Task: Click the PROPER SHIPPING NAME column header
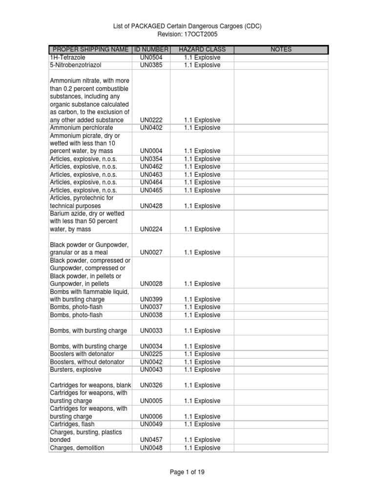90,50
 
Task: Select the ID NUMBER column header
151,50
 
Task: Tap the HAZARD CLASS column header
202,50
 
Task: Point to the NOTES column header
281,50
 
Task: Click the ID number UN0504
151,58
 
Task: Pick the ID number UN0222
151,120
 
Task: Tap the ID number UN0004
151,151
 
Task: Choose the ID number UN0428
151,206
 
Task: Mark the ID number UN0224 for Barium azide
151,229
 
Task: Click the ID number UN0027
151,253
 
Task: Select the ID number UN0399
151,300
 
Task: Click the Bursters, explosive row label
76,370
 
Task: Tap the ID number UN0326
151,386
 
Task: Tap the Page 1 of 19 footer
187,472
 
